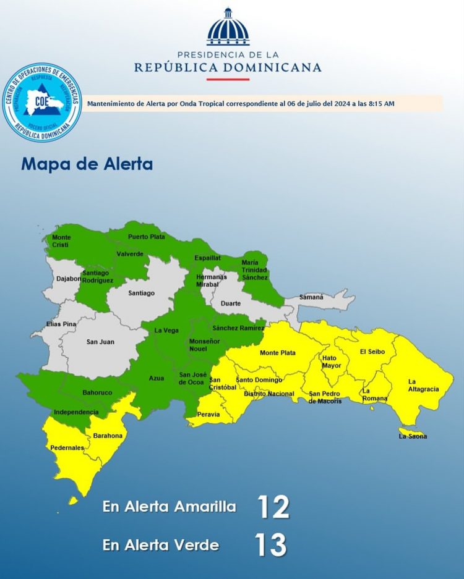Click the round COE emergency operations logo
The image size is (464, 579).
click(42, 103)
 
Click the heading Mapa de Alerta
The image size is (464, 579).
click(87, 164)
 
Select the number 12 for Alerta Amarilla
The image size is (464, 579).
click(273, 507)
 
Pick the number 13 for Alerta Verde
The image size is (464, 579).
click(270, 545)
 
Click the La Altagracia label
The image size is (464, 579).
click(423, 386)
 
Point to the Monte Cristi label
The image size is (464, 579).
click(61, 241)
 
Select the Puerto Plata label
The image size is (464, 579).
click(147, 237)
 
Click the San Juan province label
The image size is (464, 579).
click(100, 342)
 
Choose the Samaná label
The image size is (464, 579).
click(311, 297)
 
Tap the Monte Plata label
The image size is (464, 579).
click(277, 353)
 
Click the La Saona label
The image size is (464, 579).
click(413, 436)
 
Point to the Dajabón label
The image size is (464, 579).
click(69, 279)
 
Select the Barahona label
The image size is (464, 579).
click(108, 436)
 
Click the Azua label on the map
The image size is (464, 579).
click(157, 378)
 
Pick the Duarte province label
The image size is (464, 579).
click(231, 304)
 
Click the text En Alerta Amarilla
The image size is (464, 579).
click(170, 507)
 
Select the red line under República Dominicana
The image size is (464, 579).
click(228, 79)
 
